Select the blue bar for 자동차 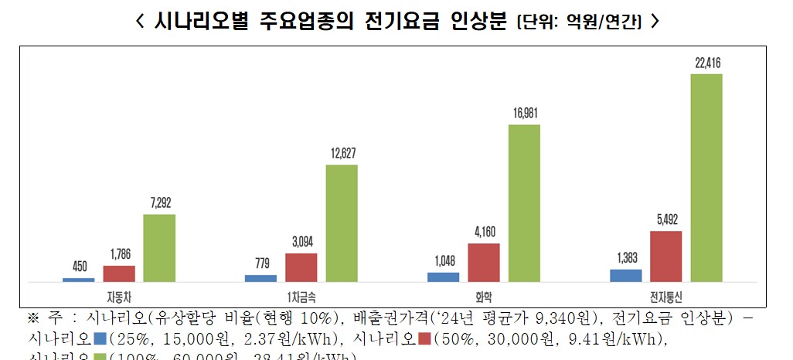pyautogui.click(x=79, y=280)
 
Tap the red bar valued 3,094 pyautogui.click(x=301, y=267)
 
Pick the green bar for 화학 pyautogui.click(x=523, y=203)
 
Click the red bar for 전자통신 pyautogui.click(x=665, y=256)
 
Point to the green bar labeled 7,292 pyautogui.click(x=159, y=248)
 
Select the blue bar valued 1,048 pyautogui.click(x=443, y=277)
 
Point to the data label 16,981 pyautogui.click(x=525, y=114)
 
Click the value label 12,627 pyautogui.click(x=342, y=155)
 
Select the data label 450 pyautogui.click(x=79, y=267)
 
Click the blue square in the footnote pyautogui.click(x=99, y=338)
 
